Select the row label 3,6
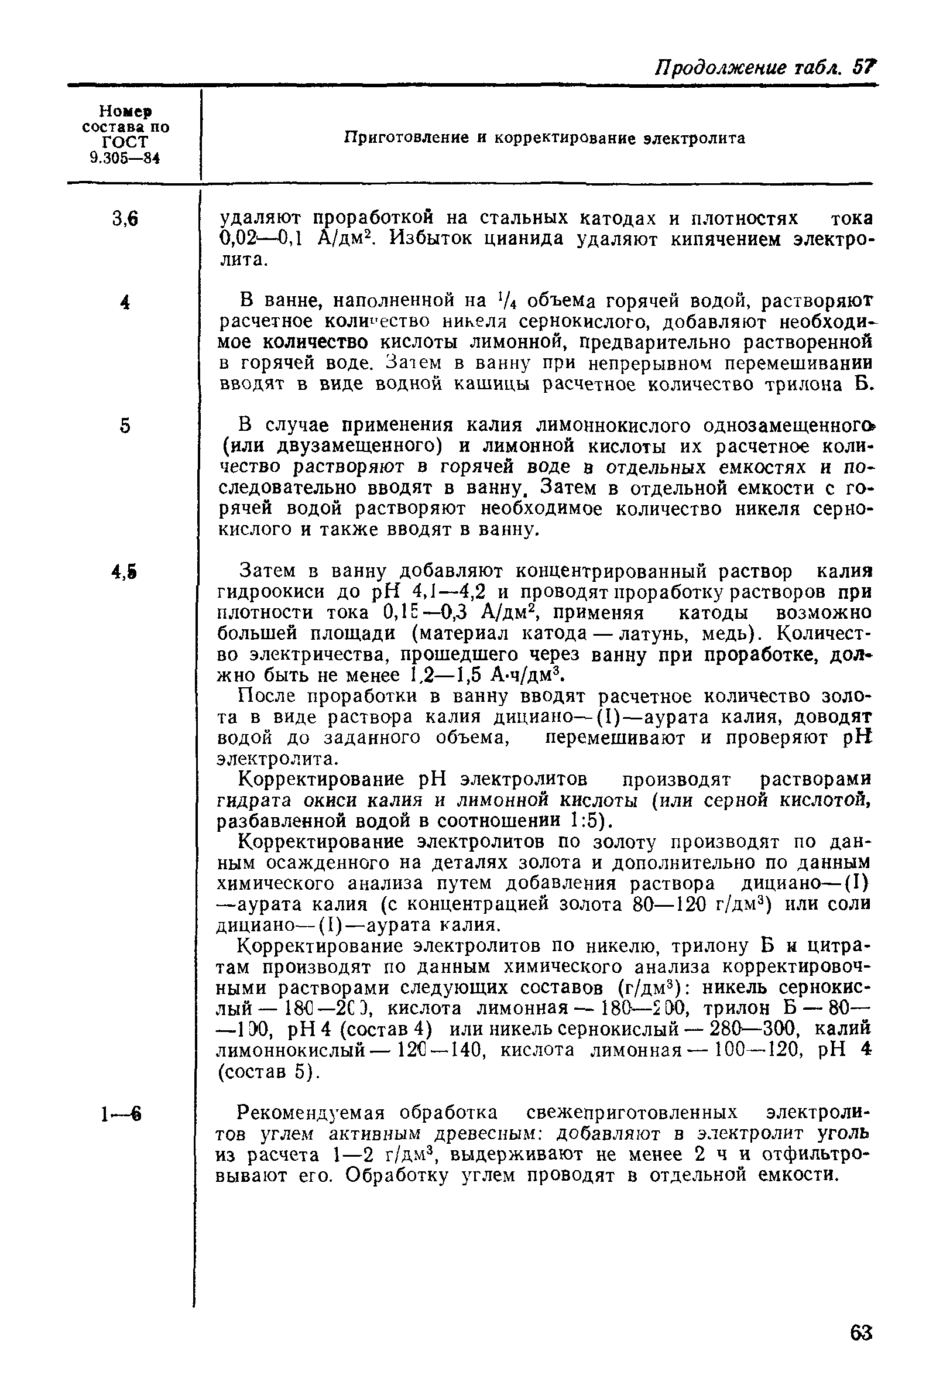click(x=125, y=220)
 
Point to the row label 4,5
click(x=124, y=572)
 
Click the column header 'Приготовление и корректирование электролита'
click(x=544, y=138)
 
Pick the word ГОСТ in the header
click(x=125, y=143)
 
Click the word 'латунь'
click(x=638, y=633)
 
